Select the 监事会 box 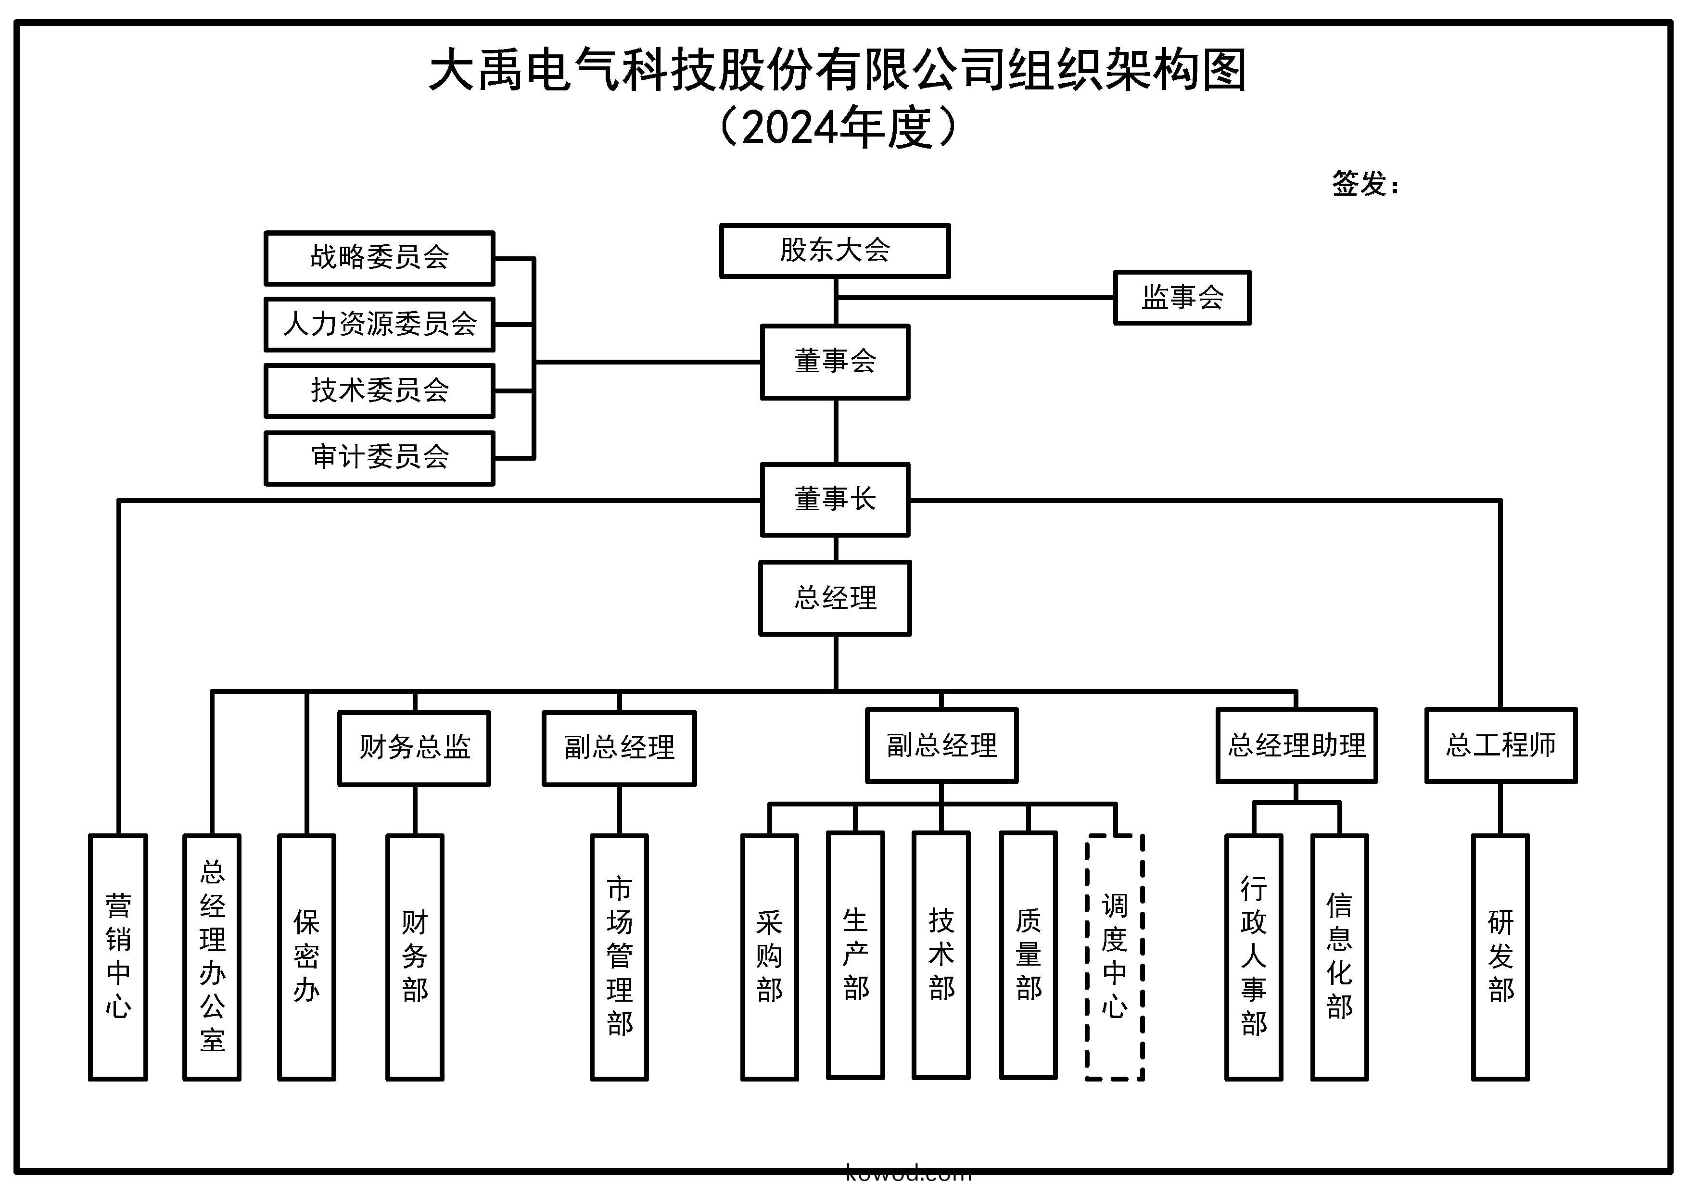[x=1182, y=297]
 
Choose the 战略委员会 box [x=379, y=258]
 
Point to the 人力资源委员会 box [x=379, y=324]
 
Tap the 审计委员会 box [x=379, y=458]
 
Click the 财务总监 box [x=414, y=748]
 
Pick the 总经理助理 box [x=1296, y=745]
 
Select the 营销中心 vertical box [x=118, y=956]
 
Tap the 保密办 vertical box [x=306, y=956]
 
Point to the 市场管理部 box [x=619, y=956]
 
